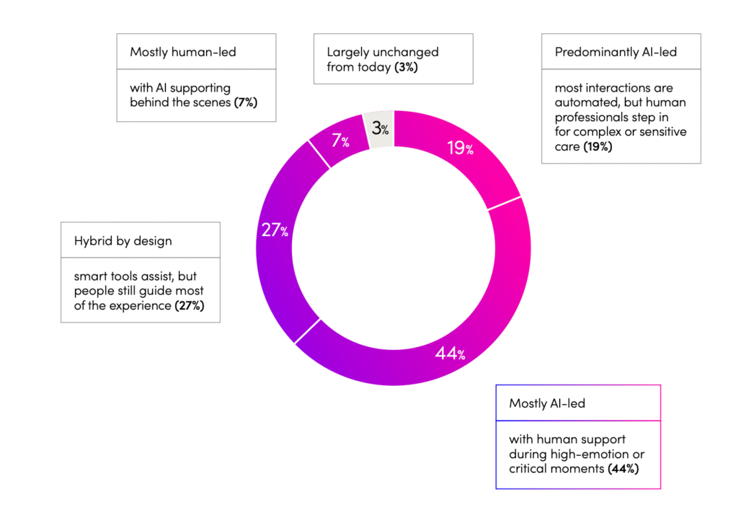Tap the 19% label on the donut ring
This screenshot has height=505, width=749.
[460, 149]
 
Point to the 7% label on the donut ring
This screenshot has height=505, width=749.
[341, 140]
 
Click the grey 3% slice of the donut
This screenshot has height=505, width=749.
[380, 129]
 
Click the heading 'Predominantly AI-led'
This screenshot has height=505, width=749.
[616, 52]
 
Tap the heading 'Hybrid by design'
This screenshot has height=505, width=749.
[123, 240]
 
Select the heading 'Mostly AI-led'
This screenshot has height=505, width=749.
[547, 403]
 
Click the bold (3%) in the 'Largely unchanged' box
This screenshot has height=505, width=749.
[406, 67]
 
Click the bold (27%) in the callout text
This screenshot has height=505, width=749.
[190, 306]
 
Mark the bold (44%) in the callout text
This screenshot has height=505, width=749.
[624, 469]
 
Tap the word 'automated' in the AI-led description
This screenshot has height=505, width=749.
[582, 103]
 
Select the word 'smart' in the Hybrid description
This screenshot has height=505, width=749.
[89, 276]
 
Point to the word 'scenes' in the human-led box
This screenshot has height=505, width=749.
[211, 102]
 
